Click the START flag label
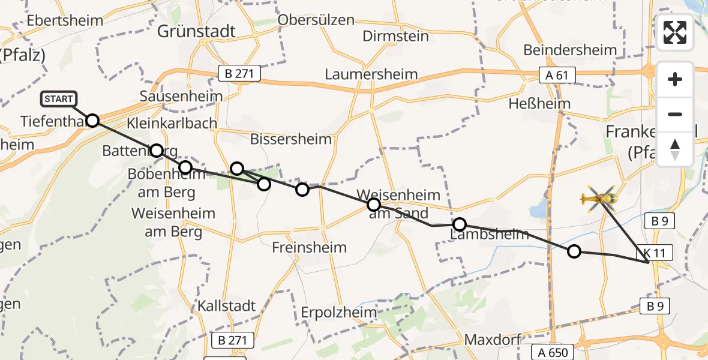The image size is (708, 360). (58, 99)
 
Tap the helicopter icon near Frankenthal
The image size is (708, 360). (599, 198)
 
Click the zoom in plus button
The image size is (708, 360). (675, 79)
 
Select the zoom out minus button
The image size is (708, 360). (675, 114)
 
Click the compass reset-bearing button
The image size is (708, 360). (675, 149)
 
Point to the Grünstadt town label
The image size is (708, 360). (196, 31)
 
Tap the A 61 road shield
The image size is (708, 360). (557, 75)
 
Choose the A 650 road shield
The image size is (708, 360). (553, 352)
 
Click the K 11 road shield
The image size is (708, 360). (658, 253)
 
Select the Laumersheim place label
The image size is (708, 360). (371, 75)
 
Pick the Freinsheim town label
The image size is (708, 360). (309, 247)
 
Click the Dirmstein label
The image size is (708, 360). (396, 36)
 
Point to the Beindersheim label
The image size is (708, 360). (570, 50)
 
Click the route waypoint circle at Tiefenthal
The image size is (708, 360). (92, 121)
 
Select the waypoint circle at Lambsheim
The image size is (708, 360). (459, 224)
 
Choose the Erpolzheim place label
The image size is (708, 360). (340, 313)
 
